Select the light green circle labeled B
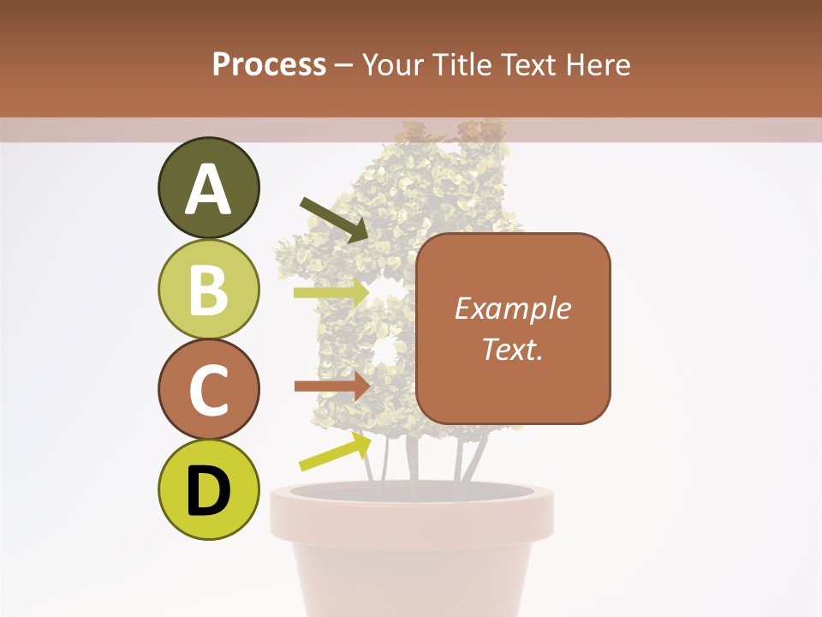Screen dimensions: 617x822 (208, 289)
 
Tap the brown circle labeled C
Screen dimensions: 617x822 (208, 389)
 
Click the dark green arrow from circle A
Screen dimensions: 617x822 (334, 218)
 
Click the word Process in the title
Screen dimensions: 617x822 (269, 64)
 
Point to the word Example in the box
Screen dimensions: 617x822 (512, 308)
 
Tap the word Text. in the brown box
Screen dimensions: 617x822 (512, 349)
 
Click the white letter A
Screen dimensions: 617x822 (208, 189)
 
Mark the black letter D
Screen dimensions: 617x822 (208, 492)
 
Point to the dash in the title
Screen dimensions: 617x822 (343, 65)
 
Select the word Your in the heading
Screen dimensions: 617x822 (393, 64)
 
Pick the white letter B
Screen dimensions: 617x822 (208, 290)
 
